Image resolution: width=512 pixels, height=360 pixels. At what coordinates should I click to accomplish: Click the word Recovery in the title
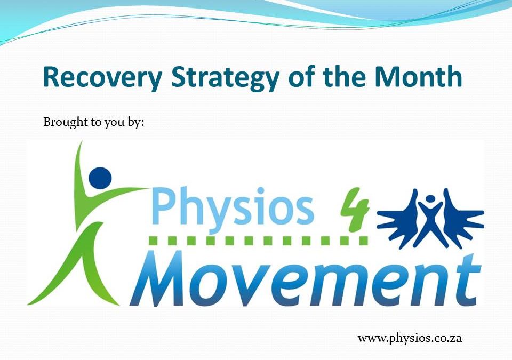point(102,77)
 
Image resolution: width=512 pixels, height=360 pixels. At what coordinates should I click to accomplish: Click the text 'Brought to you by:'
point(93,122)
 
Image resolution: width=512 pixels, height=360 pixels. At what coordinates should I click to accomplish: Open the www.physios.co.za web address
point(410,338)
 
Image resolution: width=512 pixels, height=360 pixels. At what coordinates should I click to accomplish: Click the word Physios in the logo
point(233,207)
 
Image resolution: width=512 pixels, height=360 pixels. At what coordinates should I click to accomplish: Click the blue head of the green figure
point(100,177)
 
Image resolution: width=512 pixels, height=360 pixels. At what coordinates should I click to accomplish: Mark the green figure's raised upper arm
point(80,165)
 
